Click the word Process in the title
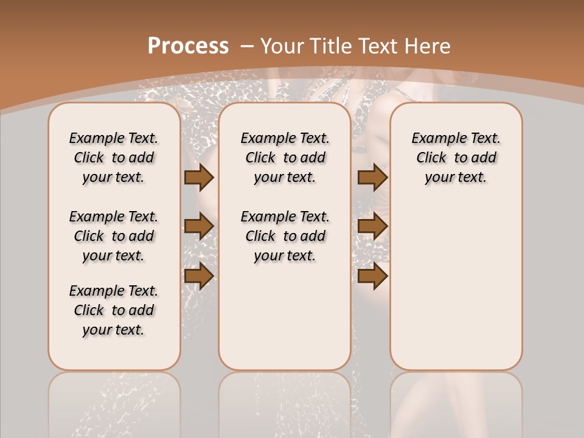pos(188,46)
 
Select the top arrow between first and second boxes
pos(198,177)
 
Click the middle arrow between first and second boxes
pos(198,227)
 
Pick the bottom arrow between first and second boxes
pos(198,276)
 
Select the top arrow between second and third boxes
pos(372,177)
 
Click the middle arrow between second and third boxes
pos(372,227)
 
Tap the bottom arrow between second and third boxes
pos(372,276)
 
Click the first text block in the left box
pos(114,158)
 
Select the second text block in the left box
pos(114,236)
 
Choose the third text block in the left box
pos(114,310)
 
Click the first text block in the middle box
pos(285,158)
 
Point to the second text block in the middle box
pos(285,236)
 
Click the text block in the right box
pos(456,158)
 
